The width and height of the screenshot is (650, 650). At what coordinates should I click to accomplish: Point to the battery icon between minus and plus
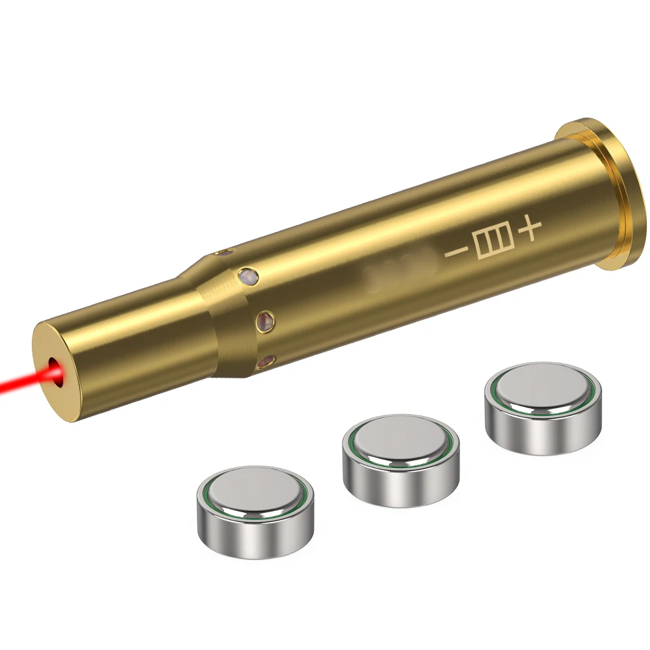[491, 241]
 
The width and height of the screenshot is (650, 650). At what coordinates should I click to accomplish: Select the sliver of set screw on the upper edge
[224, 251]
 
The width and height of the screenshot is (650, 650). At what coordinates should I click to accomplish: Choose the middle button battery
[400, 461]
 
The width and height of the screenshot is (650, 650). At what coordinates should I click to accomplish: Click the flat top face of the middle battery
[400, 442]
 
